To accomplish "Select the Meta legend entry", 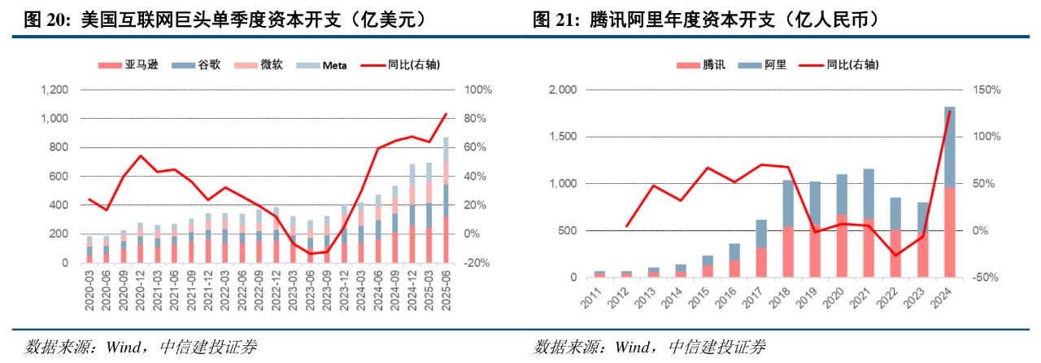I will coord(333,65).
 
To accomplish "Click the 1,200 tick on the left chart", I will coord(55,90).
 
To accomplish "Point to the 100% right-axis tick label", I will coord(474,90).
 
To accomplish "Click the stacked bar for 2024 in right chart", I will coord(949,192).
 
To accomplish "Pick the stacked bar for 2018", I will coord(788,229).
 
